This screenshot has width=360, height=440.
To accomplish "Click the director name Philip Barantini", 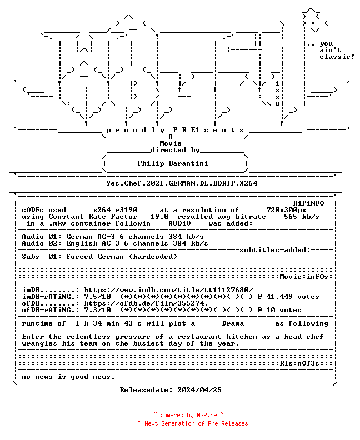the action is [x=173, y=163].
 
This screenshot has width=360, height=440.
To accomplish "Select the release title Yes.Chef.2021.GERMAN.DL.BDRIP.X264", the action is [x=182, y=183].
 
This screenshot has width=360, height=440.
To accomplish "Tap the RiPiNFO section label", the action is [x=309, y=203].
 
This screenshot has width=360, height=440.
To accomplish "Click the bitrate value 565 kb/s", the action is [x=301, y=217].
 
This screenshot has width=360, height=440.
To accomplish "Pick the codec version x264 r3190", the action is [x=116, y=210].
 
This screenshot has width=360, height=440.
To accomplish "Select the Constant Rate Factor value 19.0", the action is [x=159, y=217].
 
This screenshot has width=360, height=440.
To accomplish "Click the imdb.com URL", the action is [x=169, y=290].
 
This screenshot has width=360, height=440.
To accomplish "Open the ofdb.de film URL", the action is [x=146, y=303].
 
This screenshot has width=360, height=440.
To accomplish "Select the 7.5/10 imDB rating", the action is [x=97, y=297].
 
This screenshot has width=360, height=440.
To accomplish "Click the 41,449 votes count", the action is [x=293, y=297].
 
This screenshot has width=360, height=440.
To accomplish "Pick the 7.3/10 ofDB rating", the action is [x=97, y=310].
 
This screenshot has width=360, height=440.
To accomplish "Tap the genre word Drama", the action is [x=233, y=323].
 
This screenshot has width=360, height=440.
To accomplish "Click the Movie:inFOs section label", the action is [x=304, y=277].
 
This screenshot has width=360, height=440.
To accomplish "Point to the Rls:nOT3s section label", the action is [x=299, y=363].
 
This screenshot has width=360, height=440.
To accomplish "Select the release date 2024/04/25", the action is [x=199, y=390].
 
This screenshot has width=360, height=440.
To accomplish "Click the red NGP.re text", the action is [x=207, y=415].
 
